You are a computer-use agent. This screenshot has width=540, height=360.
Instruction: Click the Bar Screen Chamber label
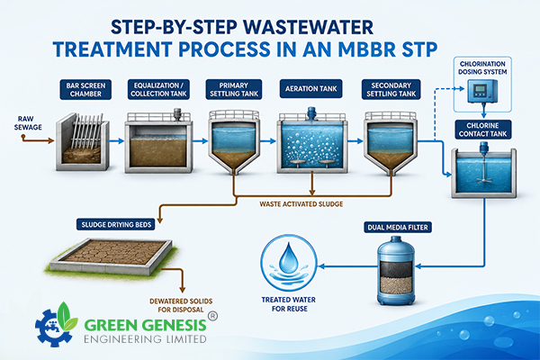pyautogui.click(x=85, y=90)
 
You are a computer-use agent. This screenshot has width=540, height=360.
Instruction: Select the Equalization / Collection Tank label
pyautogui.click(x=158, y=90)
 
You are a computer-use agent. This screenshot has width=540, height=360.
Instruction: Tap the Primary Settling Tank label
pyautogui.click(x=234, y=90)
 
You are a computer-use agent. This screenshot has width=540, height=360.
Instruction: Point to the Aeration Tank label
pyautogui.click(x=311, y=89)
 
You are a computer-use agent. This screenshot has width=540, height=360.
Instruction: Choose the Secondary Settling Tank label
pyautogui.click(x=391, y=90)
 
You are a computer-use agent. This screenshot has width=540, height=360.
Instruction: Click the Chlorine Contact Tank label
pyautogui.click(x=482, y=130)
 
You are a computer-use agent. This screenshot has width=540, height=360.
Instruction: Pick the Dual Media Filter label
pyautogui.click(x=398, y=228)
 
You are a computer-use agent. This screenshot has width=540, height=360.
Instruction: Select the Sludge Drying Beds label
pyautogui.click(x=116, y=225)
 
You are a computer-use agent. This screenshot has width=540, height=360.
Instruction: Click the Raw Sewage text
pyautogui.click(x=28, y=123)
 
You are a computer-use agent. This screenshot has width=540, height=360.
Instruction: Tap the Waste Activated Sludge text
pyautogui.click(x=301, y=204)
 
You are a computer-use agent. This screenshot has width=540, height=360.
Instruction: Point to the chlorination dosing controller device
pyautogui.click(x=482, y=91)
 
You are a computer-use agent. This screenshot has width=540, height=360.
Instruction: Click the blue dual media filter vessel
pyautogui.click(x=395, y=270)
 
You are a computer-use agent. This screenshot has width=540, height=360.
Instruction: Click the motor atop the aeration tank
pyautogui.click(x=311, y=113)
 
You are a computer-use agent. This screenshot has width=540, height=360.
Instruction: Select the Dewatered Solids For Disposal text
pyautogui.click(x=181, y=306)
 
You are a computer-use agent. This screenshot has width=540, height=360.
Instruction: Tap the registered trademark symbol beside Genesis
pyautogui.click(x=212, y=316)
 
